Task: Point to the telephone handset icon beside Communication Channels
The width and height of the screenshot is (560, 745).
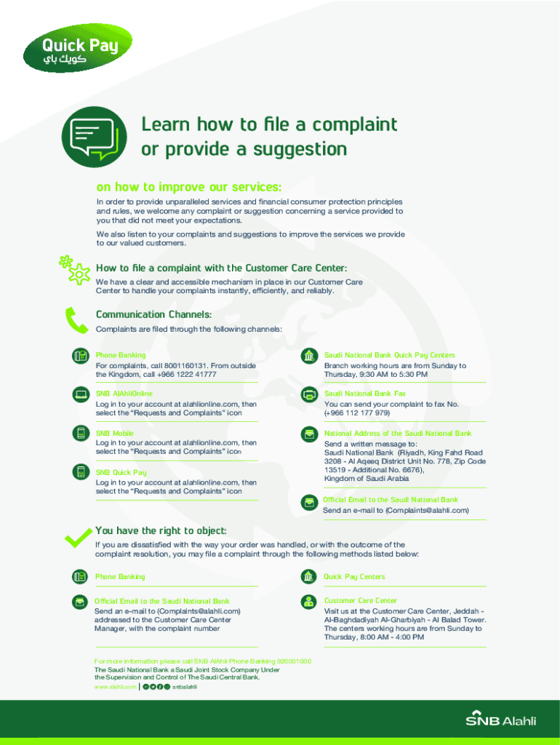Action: (76, 320)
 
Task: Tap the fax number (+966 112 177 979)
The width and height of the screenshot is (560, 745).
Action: (357, 413)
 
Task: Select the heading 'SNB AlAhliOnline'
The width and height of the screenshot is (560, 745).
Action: (124, 394)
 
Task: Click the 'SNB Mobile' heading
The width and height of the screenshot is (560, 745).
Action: (114, 433)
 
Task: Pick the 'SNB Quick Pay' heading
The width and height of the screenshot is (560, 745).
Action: (121, 472)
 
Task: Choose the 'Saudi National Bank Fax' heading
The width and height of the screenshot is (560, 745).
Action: (365, 394)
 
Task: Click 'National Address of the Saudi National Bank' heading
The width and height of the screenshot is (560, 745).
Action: (398, 433)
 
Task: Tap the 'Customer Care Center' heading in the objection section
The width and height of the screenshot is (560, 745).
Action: (361, 601)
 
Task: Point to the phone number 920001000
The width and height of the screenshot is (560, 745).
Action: (289, 661)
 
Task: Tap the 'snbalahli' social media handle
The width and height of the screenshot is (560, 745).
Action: (185, 686)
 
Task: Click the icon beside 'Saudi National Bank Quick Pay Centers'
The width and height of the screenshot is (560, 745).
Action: (310, 356)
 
